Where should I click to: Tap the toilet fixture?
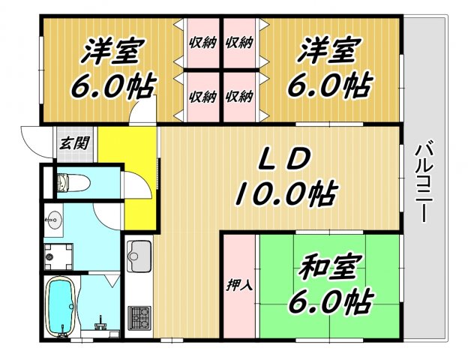(x=73, y=182)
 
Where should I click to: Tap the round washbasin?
(x=52, y=221)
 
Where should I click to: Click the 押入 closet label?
(x=237, y=286)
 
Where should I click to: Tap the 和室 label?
(x=331, y=268)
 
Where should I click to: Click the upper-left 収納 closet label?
(x=202, y=42)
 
